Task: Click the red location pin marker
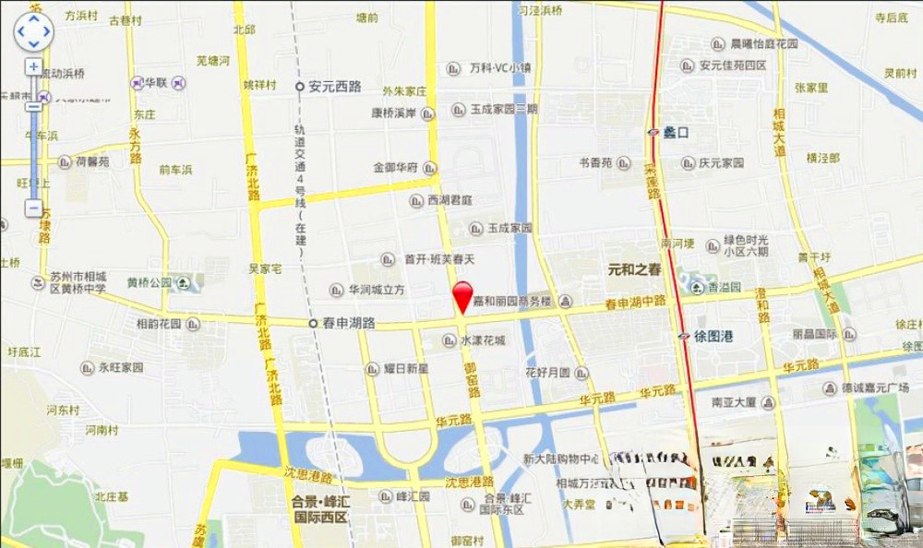[463, 296]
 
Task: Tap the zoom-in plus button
[34, 66]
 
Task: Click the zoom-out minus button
[34, 208]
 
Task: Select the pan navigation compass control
[33, 32]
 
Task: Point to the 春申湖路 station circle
[312, 323]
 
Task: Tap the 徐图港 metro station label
[713, 337]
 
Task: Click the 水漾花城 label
[483, 340]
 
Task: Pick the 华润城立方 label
[377, 290]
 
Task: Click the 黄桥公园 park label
[150, 282]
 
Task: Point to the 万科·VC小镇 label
[499, 68]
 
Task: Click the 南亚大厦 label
[735, 402]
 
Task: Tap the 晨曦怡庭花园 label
[763, 43]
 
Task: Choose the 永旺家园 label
[122, 367]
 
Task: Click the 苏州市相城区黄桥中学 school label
[78, 282]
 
